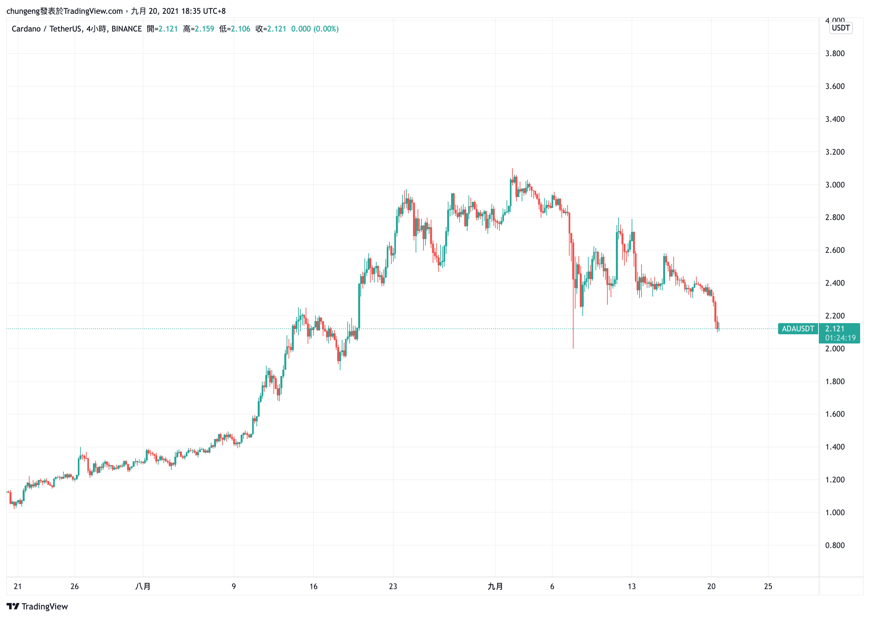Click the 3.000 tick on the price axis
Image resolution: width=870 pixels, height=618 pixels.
[835, 185]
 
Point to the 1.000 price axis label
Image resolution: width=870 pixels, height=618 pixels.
[835, 513]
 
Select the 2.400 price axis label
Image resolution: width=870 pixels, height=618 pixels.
[835, 283]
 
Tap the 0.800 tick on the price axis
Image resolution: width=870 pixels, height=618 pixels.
[835, 545]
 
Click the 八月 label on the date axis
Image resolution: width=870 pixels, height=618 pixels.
[143, 586]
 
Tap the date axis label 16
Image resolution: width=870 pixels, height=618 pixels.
[313, 586]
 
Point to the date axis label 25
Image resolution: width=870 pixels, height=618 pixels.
[768, 586]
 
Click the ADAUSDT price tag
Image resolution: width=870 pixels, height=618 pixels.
[798, 329]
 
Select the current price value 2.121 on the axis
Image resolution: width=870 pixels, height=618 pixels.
[835, 329]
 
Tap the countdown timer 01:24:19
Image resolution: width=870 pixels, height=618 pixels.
[840, 338]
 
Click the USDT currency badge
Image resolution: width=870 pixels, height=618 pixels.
[840, 28]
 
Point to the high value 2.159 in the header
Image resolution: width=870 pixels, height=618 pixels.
[204, 29]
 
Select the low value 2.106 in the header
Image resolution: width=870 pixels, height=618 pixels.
[240, 29]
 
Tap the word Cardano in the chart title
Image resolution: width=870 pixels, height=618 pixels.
[26, 29]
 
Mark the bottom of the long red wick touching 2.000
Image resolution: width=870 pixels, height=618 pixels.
[573, 348]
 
